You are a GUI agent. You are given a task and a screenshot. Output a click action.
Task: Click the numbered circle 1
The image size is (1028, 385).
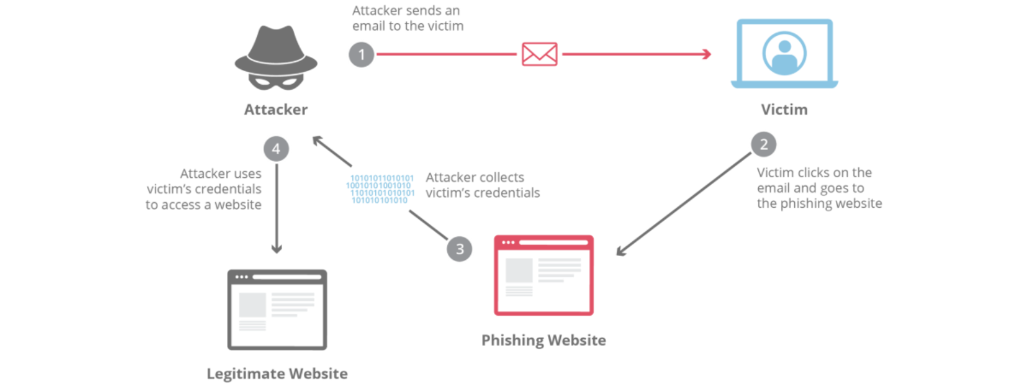[361, 55]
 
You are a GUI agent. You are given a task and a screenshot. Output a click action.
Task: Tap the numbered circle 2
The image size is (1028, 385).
[763, 144]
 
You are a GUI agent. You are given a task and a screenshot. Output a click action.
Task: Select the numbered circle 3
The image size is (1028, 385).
[459, 249]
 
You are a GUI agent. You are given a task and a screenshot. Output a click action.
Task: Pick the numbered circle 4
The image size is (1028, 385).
[276, 149]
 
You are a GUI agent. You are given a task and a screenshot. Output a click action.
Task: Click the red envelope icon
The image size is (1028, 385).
[539, 55]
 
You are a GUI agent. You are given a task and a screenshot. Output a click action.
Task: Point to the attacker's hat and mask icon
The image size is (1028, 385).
[276, 58]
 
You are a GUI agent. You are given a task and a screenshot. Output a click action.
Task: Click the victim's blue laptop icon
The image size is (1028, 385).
[784, 54]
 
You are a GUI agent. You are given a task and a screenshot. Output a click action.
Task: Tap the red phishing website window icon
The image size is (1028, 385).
[544, 275]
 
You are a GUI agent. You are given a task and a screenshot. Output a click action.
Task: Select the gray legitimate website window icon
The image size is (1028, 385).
[277, 309]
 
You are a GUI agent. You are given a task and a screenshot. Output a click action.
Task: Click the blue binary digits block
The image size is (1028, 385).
[380, 189]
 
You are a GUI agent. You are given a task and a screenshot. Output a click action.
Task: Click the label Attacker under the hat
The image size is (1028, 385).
[276, 110]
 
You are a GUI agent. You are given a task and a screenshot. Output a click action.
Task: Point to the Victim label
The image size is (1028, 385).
[784, 110]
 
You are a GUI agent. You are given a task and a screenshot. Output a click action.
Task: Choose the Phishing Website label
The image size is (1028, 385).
[544, 340]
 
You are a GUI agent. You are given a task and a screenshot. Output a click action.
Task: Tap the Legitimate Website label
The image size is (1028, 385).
[277, 373]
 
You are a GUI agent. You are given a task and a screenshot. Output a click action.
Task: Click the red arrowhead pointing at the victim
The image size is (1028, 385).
[707, 55]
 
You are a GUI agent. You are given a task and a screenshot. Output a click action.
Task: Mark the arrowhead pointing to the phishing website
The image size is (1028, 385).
[620, 252]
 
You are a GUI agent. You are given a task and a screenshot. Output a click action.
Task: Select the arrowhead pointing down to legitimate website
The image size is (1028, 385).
[276, 249]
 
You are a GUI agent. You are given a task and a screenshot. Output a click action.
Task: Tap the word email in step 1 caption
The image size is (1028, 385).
[368, 26]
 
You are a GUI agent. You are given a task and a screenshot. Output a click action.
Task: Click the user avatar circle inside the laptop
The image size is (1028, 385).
[784, 53]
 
